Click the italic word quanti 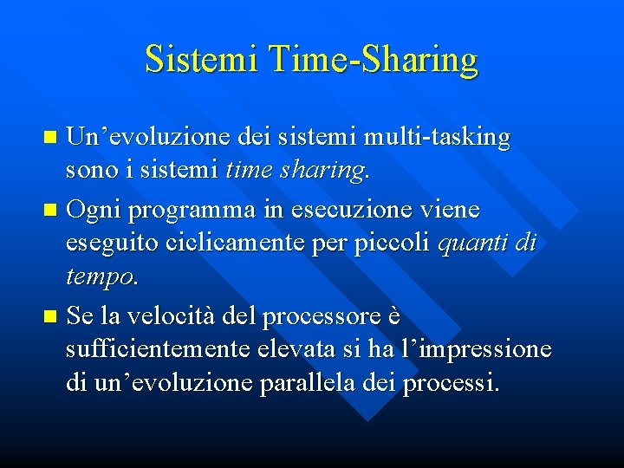coord(473,245)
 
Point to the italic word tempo coord(99,279)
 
